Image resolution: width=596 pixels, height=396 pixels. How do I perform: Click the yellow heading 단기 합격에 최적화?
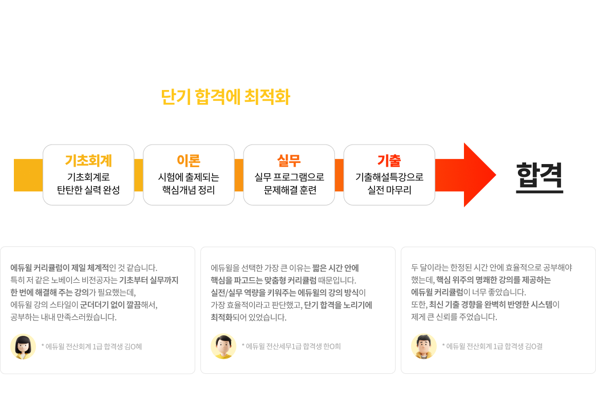click(x=226, y=97)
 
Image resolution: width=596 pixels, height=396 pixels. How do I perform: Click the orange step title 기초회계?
click(x=88, y=160)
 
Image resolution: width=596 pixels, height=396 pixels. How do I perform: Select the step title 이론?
click(x=189, y=160)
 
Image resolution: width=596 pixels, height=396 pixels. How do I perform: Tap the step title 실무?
click(x=289, y=160)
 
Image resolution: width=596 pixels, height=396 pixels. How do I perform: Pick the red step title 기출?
click(x=389, y=160)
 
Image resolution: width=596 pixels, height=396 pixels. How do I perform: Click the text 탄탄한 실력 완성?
click(x=88, y=190)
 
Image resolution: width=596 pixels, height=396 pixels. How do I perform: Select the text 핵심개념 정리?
click(x=189, y=190)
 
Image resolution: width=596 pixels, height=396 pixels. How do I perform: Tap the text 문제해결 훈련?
click(x=290, y=190)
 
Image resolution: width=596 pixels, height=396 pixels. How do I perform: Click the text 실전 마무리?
click(x=389, y=190)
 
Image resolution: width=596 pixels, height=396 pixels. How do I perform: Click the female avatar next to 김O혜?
click(x=23, y=347)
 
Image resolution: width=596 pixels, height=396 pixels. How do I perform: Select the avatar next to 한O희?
click(x=223, y=347)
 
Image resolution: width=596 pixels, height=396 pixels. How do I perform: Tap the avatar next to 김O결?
click(x=424, y=347)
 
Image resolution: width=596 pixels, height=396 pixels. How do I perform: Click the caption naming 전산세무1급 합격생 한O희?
click(x=291, y=347)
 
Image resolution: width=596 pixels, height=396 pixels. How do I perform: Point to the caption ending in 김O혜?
click(x=91, y=347)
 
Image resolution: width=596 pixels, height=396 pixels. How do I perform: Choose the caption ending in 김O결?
click(x=492, y=347)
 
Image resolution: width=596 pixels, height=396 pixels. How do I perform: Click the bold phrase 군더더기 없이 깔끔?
click(x=110, y=304)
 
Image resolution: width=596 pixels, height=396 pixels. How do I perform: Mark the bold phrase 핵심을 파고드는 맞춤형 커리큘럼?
click(x=264, y=280)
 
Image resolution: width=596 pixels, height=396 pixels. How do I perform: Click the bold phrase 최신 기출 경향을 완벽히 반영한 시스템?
click(x=491, y=304)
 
